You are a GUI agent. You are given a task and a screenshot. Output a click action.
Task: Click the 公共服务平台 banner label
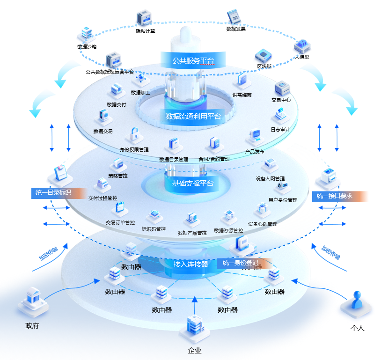[193, 60]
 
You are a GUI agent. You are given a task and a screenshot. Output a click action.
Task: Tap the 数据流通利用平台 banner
[193, 116]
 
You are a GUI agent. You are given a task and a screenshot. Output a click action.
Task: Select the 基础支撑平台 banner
[192, 183]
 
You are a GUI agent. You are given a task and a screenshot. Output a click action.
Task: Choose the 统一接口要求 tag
[334, 196]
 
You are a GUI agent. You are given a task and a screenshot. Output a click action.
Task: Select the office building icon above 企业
[194, 326]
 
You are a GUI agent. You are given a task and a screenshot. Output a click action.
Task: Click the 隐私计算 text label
[145, 31]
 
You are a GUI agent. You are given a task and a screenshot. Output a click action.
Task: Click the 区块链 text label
[264, 66]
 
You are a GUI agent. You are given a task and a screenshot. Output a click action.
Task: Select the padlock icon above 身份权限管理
[134, 135]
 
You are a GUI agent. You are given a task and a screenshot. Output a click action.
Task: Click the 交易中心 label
[281, 100]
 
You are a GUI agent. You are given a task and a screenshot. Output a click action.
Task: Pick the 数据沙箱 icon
[87, 33]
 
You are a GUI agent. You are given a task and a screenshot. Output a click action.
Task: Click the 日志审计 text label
[280, 130]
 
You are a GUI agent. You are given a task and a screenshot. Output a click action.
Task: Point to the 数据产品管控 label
[192, 233]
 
